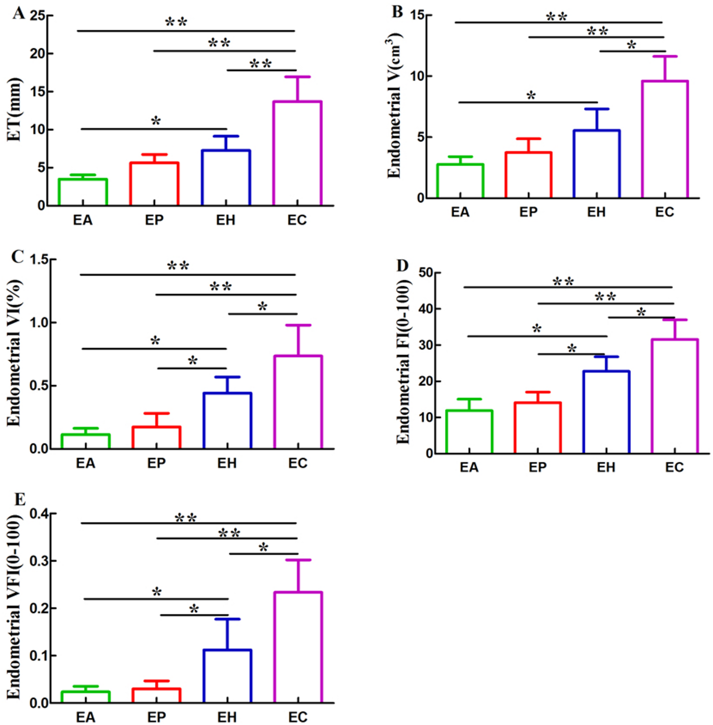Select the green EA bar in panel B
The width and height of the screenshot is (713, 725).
click(460, 181)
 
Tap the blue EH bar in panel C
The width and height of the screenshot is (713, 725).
click(227, 420)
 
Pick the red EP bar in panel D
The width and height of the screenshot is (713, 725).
click(538, 428)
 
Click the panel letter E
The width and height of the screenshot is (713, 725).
click(20, 500)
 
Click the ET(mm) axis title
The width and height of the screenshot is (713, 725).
click(15, 109)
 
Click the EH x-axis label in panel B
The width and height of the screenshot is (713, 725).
click(597, 212)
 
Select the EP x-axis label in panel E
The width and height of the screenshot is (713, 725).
click(157, 717)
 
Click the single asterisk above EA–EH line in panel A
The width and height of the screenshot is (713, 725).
click(156, 121)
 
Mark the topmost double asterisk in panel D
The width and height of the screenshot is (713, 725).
click(563, 281)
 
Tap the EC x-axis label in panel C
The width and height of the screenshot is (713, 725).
click(298, 463)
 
